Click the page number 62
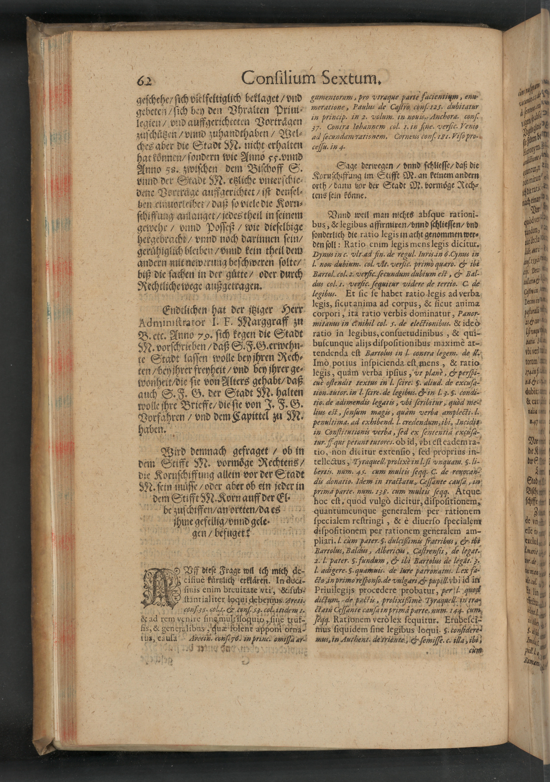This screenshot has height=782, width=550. pyautogui.click(x=146, y=80)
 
